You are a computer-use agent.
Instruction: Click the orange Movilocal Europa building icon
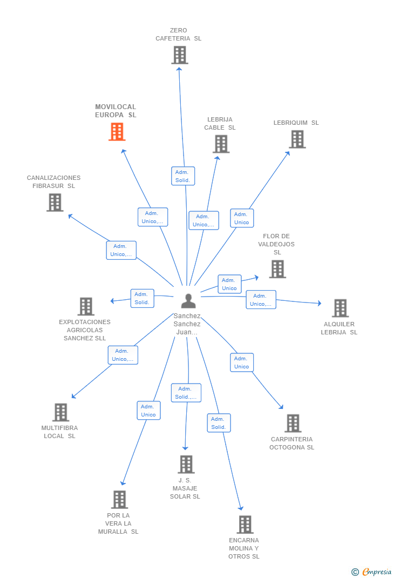point(117,132)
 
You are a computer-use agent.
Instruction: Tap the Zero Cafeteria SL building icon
point(180,55)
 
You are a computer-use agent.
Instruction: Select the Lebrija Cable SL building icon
point(221,144)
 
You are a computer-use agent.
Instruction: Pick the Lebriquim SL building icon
point(297,139)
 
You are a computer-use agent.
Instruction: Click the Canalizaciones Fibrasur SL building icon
point(55,203)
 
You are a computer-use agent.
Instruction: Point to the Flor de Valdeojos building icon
point(277,269)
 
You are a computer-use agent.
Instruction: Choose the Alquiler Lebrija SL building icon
point(340,308)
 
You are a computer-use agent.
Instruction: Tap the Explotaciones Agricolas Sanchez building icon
point(86,306)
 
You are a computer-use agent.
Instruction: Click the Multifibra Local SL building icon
point(60,412)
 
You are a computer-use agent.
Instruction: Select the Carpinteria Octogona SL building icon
point(293,424)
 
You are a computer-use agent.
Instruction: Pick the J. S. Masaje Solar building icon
point(186,464)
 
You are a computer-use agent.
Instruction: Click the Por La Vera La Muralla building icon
point(119,500)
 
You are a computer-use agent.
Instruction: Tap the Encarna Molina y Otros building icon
point(245,525)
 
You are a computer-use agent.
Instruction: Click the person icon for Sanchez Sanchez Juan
point(188,301)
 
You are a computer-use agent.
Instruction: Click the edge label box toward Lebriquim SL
point(242,218)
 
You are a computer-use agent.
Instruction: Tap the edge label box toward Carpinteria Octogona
point(241,362)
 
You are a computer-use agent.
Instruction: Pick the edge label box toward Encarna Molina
point(219,423)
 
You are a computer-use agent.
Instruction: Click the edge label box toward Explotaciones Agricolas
point(142,298)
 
